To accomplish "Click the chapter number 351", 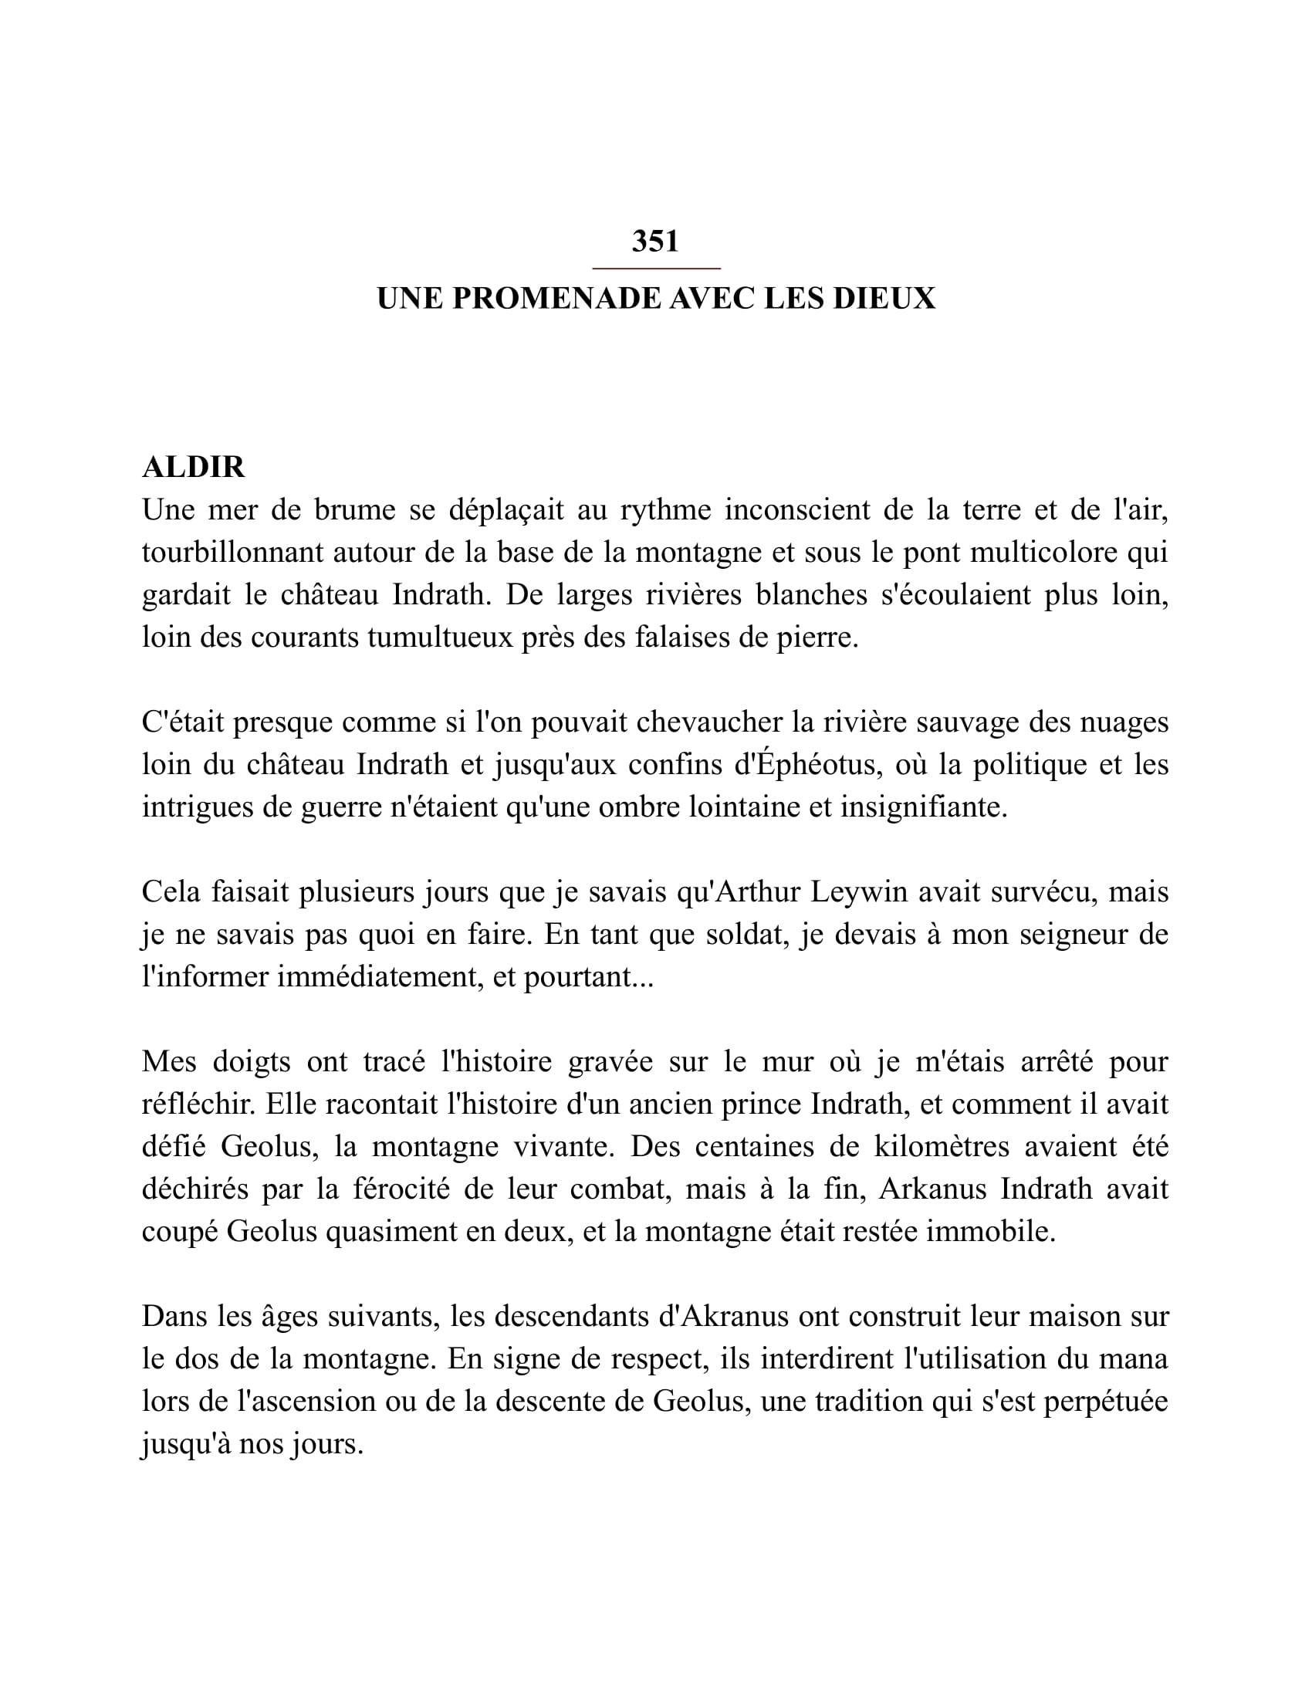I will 655,242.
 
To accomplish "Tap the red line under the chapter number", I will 656,269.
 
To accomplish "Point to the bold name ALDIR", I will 194,467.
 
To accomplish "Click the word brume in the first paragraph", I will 351,511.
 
